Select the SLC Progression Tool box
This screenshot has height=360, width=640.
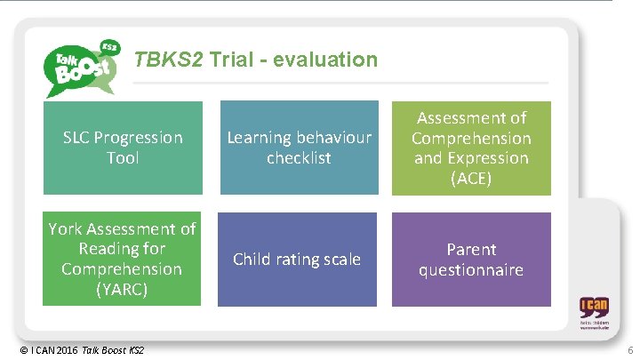click(123, 148)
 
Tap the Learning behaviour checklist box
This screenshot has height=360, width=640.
click(299, 148)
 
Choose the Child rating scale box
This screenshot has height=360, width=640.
click(297, 259)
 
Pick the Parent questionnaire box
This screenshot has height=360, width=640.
click(471, 259)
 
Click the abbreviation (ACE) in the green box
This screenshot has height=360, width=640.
click(471, 179)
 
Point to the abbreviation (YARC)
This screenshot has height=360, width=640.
click(123, 289)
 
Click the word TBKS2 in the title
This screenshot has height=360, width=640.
click(169, 60)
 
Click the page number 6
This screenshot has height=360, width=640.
click(629, 352)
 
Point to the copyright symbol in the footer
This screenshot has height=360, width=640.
click(22, 352)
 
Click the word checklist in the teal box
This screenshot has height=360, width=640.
click(299, 158)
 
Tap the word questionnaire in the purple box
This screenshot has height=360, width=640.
click(471, 269)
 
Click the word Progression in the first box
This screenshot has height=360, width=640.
click(136, 138)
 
